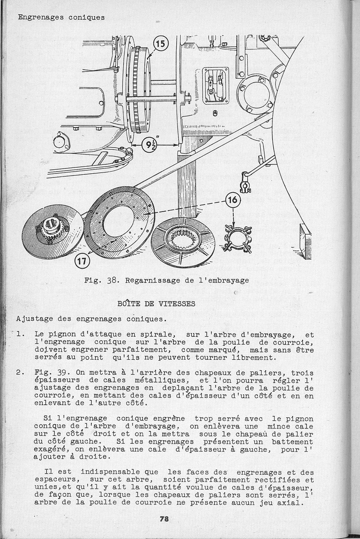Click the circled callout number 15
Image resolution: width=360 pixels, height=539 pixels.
coord(160,44)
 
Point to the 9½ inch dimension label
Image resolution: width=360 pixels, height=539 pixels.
coord(149,145)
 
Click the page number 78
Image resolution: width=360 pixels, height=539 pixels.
coord(164,519)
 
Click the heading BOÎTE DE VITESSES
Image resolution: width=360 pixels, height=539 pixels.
coord(156,304)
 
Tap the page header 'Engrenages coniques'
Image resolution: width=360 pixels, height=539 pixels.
coord(61,18)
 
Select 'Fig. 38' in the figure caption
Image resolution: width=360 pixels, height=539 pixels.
coord(101,280)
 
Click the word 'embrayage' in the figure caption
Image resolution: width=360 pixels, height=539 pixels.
coord(228,280)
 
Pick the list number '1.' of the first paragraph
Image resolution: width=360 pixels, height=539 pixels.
coord(20,335)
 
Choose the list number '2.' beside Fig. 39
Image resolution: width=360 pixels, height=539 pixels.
coord(20,373)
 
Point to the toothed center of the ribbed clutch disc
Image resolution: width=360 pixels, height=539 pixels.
coord(182,238)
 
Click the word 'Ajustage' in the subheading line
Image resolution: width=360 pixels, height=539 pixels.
coord(34,319)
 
